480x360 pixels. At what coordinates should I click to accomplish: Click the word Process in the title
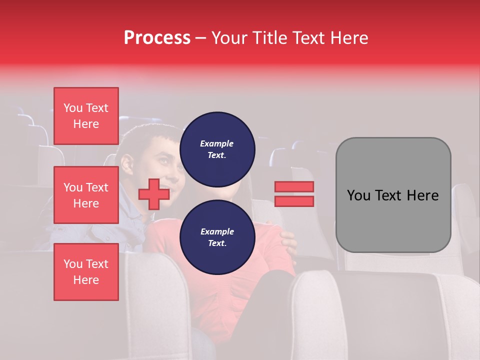click(157, 38)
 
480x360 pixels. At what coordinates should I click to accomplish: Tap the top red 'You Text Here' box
click(86, 116)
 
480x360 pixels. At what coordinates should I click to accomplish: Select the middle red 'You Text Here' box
click(86, 195)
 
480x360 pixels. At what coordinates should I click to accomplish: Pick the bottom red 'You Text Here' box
click(86, 271)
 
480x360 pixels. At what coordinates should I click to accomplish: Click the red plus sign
click(153, 194)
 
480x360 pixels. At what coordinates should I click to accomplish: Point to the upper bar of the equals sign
click(294, 186)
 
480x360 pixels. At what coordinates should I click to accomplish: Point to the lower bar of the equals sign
click(294, 201)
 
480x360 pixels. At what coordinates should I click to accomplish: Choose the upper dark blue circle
click(217, 149)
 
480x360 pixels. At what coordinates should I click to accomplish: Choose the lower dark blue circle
click(217, 237)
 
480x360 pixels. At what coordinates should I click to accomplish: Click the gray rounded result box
click(393, 195)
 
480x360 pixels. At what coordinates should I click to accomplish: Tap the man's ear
click(127, 163)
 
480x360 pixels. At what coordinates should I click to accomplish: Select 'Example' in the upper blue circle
click(216, 143)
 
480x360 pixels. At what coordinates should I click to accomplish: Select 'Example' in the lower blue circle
click(216, 231)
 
